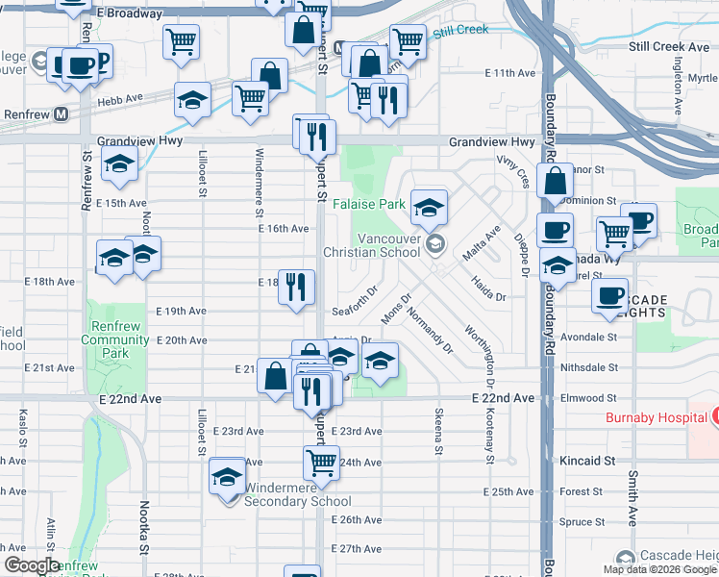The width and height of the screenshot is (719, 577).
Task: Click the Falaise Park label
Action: pyautogui.click(x=369, y=205)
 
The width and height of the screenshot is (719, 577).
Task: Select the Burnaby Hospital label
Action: pyautogui.click(x=656, y=418)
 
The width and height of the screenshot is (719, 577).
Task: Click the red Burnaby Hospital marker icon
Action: pyautogui.click(x=715, y=416)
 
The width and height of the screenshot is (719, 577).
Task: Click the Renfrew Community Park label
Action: pyautogui.click(x=114, y=340)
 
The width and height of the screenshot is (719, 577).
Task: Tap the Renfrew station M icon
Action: pyautogui.click(x=62, y=113)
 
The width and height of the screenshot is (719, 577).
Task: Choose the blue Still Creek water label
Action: pyautogui.click(x=460, y=31)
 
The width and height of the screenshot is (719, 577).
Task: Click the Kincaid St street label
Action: pyautogui.click(x=587, y=462)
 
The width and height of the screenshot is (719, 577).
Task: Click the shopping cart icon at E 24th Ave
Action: pyautogui.click(x=321, y=462)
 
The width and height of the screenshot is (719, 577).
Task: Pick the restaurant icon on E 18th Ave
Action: pyautogui.click(x=296, y=286)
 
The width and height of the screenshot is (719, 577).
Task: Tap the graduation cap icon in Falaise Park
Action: pyautogui.click(x=429, y=205)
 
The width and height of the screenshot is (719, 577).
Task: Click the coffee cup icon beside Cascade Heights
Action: pyautogui.click(x=609, y=296)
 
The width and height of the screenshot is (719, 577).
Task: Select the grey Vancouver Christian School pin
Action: pyautogui.click(x=437, y=243)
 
